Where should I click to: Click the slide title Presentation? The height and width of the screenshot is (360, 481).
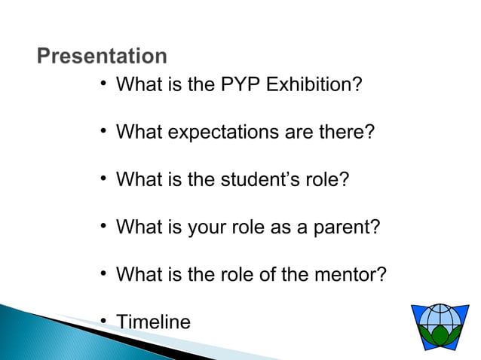102,57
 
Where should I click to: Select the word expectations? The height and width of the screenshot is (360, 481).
223,133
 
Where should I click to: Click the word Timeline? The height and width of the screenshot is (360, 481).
153,322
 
